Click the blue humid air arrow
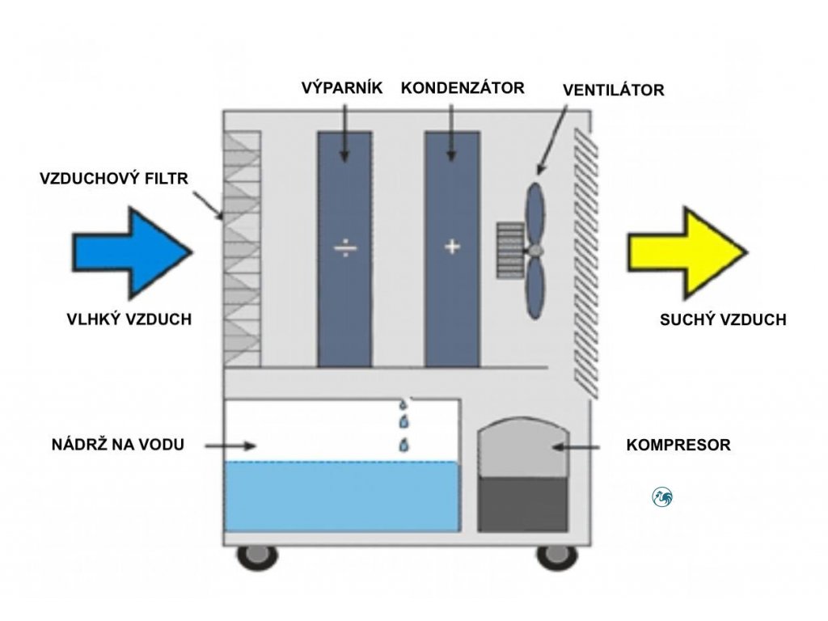click(132, 252)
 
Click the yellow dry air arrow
click(687, 252)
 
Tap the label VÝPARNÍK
click(342, 87)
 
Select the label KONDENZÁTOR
click(463, 87)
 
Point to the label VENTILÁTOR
click(613, 90)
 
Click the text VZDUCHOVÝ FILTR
click(114, 179)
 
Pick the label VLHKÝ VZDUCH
click(129, 319)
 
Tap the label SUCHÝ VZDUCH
click(723, 319)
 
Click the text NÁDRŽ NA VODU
click(118, 444)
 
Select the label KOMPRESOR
click(678, 445)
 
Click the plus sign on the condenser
click(452, 247)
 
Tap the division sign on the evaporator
click(344, 247)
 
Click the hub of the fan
click(535, 251)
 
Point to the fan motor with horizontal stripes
click(510, 251)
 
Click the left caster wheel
click(257, 556)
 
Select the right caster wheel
click(557, 556)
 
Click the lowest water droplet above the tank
click(404, 446)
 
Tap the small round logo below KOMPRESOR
click(662, 497)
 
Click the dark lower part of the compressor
click(523, 505)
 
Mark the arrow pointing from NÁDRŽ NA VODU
click(230, 446)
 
